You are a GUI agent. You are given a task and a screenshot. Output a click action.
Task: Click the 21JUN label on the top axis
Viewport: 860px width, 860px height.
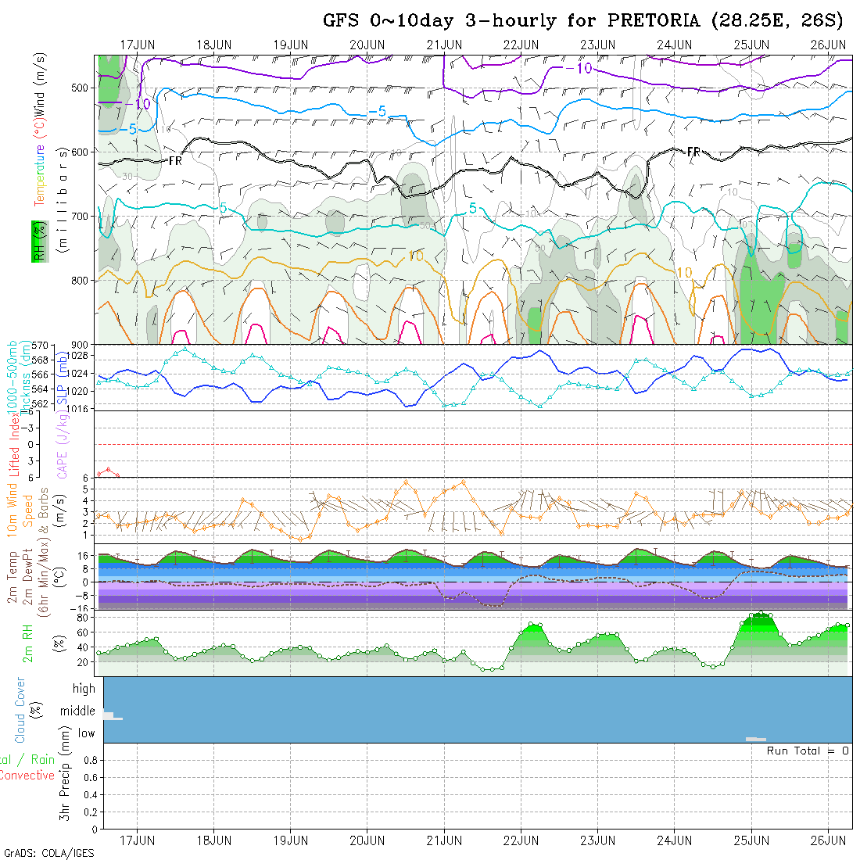pos(444,45)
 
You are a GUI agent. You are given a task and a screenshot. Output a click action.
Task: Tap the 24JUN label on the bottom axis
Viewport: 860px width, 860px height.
pos(674,840)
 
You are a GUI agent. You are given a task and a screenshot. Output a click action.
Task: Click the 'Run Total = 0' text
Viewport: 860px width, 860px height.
pos(808,751)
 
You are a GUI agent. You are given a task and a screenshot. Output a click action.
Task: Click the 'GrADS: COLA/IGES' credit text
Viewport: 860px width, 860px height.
pos(48,853)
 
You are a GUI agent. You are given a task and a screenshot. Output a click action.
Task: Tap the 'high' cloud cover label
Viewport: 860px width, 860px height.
pos(84,689)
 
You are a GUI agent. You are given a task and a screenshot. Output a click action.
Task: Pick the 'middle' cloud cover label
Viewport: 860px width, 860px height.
pos(77,711)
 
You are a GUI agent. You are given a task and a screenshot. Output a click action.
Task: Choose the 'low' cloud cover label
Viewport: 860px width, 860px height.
pos(86,733)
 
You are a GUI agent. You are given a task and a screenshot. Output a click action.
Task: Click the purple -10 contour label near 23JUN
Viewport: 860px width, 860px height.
pos(578,69)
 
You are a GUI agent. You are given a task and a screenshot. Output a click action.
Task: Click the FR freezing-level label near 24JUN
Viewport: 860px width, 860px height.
pos(693,152)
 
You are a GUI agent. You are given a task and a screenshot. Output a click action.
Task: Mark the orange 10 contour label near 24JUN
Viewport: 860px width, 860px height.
pos(683,272)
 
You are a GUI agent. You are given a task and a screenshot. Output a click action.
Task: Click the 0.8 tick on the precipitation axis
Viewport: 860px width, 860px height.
pos(89,760)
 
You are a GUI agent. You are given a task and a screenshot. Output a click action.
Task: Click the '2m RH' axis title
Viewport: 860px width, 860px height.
pos(27,643)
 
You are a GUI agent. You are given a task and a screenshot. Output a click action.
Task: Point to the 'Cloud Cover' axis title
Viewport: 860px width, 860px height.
pos(20,710)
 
